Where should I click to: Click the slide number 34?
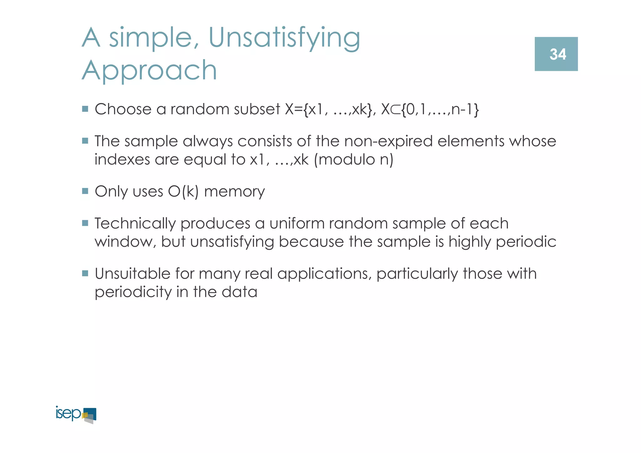pyautogui.click(x=557, y=54)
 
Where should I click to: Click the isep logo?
pyautogui.click(x=76, y=414)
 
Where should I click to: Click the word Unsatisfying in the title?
pyautogui.click(x=284, y=39)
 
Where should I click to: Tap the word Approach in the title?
pyautogui.click(x=149, y=70)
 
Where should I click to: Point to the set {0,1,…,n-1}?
pyautogui.click(x=440, y=109)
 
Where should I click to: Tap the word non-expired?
pyautogui.click(x=388, y=141)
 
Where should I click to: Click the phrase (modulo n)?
pyautogui.click(x=353, y=160)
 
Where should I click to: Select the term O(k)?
pyautogui.click(x=183, y=192)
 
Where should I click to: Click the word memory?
pyautogui.click(x=234, y=192)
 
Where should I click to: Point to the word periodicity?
pyautogui.click(x=133, y=292)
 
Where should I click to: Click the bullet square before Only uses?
pyautogui.click(x=85, y=191)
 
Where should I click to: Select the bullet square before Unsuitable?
pyautogui.click(x=85, y=273)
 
